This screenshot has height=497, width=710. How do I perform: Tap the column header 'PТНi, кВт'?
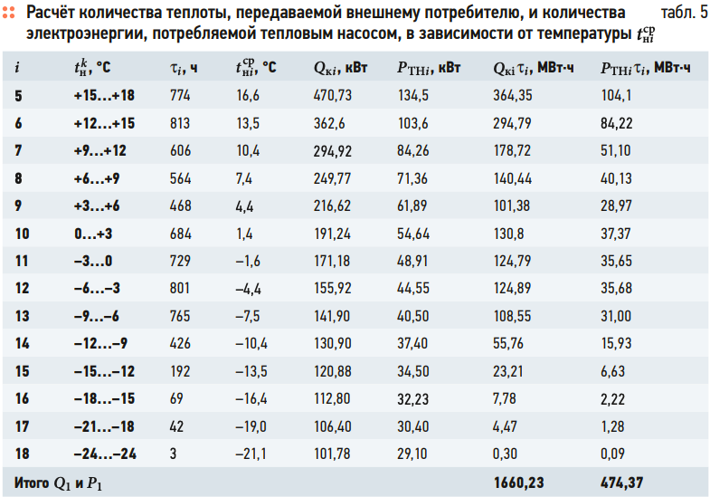429,68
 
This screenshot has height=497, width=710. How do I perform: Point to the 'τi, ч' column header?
183,68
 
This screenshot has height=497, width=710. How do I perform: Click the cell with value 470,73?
333,95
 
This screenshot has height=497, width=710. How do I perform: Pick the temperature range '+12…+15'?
104,123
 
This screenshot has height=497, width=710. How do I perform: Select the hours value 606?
181,150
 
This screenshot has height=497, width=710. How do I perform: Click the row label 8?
19,178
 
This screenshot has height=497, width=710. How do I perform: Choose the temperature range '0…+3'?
93,234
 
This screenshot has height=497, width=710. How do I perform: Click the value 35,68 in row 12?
620,289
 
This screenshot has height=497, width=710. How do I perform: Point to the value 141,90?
333,316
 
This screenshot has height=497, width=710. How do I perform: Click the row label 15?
22,371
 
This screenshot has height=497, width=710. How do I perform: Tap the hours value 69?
177,399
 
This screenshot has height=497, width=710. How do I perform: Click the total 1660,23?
518,483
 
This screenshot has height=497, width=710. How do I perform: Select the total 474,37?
623,483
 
